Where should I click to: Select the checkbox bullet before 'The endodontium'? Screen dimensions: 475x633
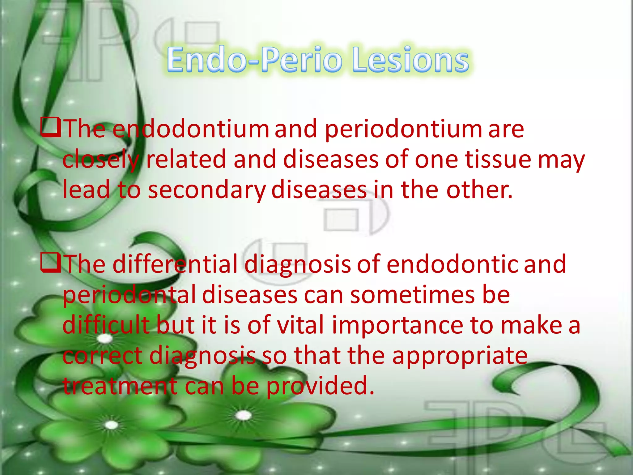(50, 128)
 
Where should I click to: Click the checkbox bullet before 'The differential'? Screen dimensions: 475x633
(50, 263)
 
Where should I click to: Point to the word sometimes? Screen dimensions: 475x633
(412, 295)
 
